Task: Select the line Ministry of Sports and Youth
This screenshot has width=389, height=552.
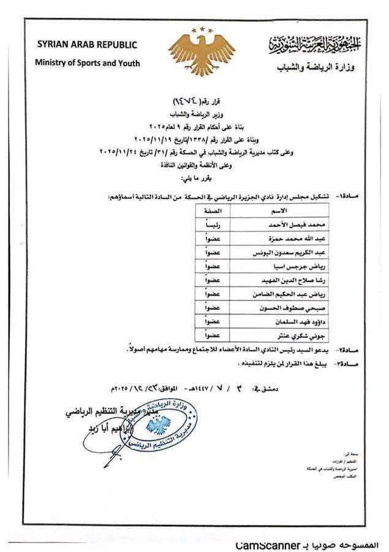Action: (87, 63)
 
